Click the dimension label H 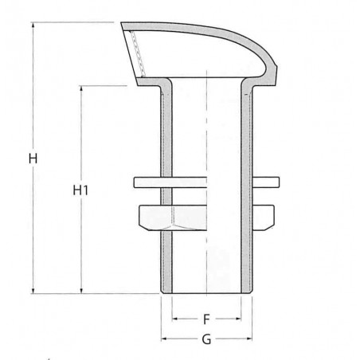click(x=33, y=158)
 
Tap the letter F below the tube click(x=206, y=319)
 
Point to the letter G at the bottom click(x=206, y=339)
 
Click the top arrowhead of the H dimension click(x=33, y=25)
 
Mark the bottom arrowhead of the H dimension click(x=33, y=291)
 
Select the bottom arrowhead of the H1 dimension click(x=80, y=291)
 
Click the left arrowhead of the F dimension click(x=175, y=319)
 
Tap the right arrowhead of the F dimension click(x=238, y=319)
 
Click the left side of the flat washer click(x=147, y=182)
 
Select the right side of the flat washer click(x=266, y=182)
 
